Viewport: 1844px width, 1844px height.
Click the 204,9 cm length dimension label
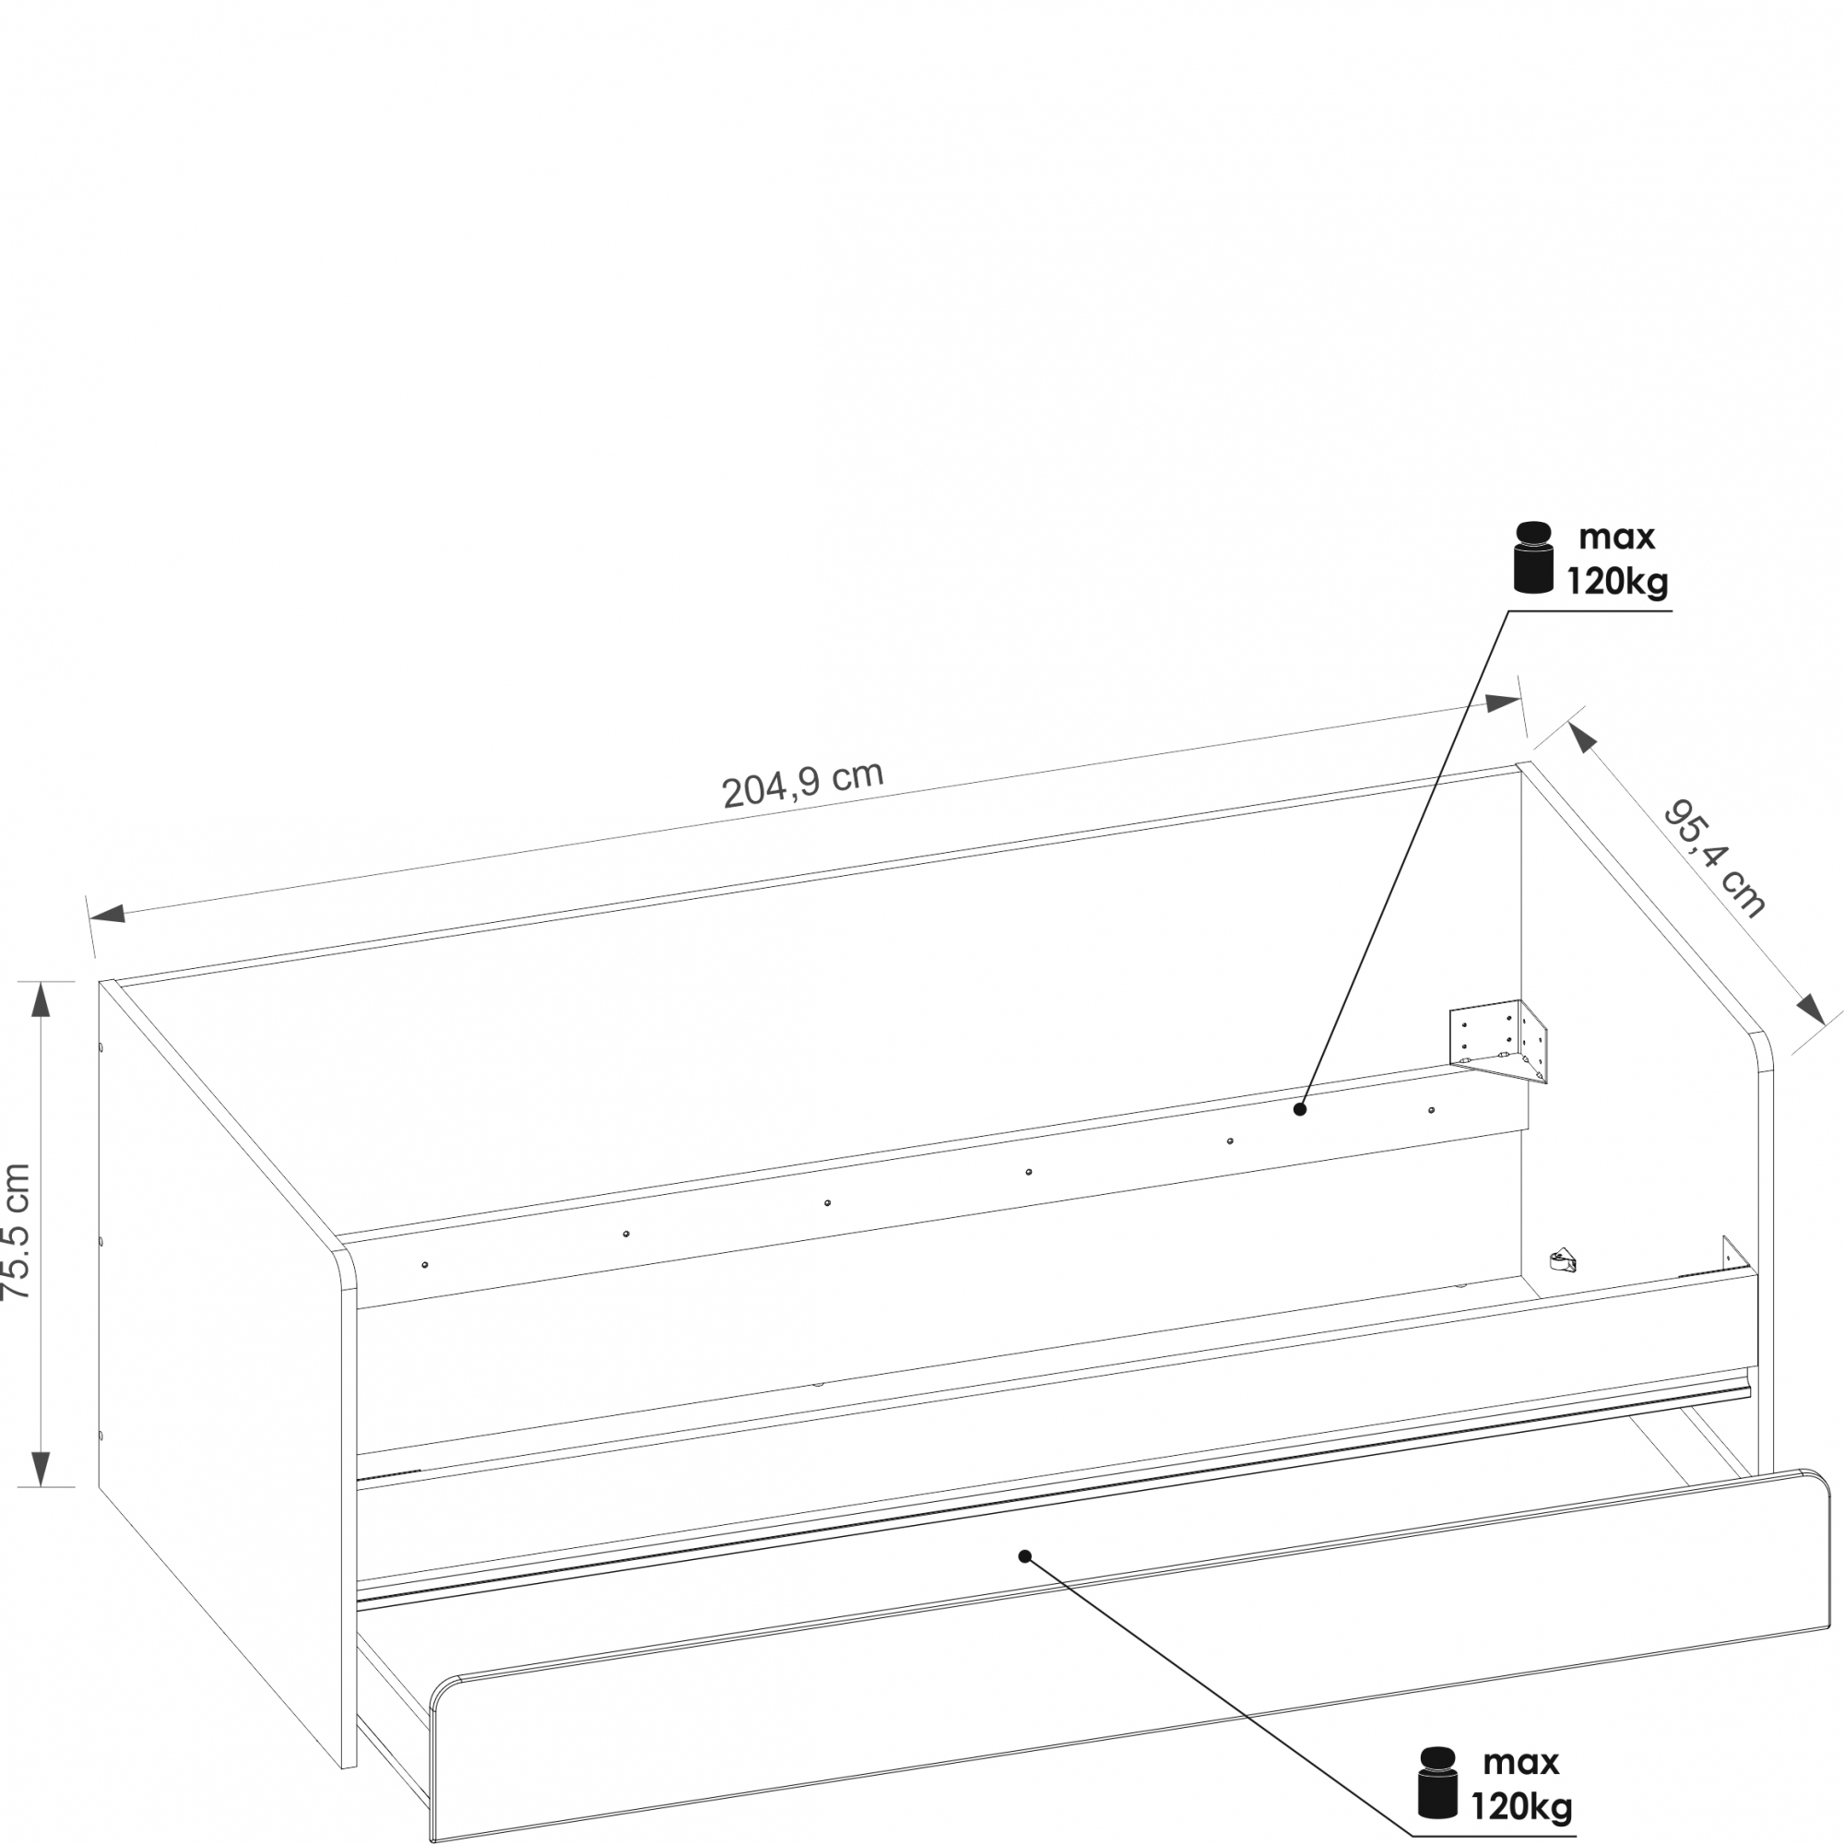(803, 785)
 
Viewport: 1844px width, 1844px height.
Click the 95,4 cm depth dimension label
(1714, 859)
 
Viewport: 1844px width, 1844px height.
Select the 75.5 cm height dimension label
(17, 1230)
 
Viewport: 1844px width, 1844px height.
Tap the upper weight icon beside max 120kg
(1534, 558)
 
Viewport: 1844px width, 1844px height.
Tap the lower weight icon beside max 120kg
(1438, 1782)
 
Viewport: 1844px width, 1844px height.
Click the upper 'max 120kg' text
(1618, 560)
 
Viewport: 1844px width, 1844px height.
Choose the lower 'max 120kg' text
(1521, 1784)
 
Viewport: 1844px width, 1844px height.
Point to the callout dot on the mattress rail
(1299, 1109)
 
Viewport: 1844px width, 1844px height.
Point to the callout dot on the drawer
(1025, 1555)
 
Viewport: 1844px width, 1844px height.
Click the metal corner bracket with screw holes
(1497, 1041)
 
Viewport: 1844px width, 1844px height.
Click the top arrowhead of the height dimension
(40, 999)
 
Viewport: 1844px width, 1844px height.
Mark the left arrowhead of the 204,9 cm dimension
(108, 913)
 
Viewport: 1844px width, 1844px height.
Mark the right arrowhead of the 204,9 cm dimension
(1502, 703)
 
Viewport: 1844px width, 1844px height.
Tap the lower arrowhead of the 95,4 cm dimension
(1811, 1008)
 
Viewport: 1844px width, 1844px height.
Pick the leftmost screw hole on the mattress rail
(425, 1265)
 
